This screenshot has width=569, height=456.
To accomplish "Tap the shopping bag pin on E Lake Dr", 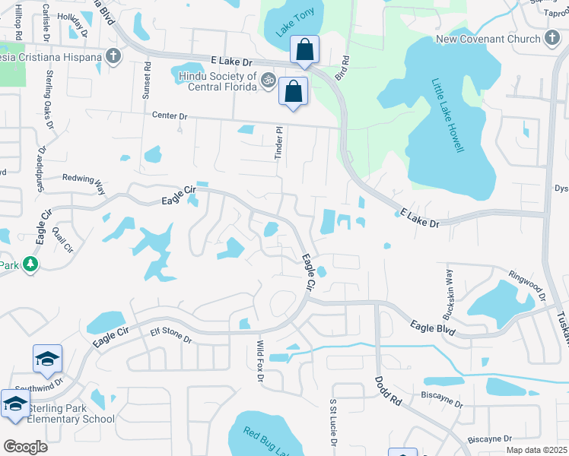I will pyautogui.click(x=304, y=50).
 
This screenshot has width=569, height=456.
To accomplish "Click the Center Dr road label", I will pyautogui.click(x=170, y=116).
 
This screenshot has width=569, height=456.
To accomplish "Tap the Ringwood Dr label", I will pyautogui.click(x=527, y=282).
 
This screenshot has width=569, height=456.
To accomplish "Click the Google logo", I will pyautogui.click(x=25, y=447).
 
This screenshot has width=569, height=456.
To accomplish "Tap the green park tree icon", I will pyautogui.click(x=30, y=264).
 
